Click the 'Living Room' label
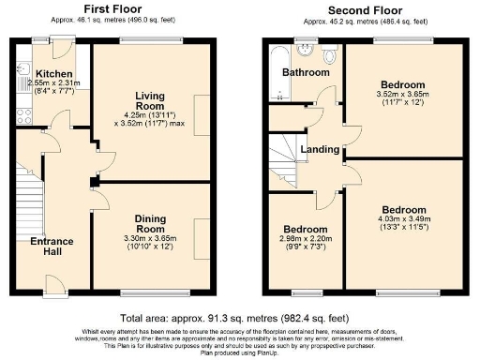(x=151, y=101)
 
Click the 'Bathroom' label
(x=308, y=72)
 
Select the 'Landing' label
(x=320, y=149)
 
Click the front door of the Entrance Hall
(x=55, y=284)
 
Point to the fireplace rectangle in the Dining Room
(x=202, y=232)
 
